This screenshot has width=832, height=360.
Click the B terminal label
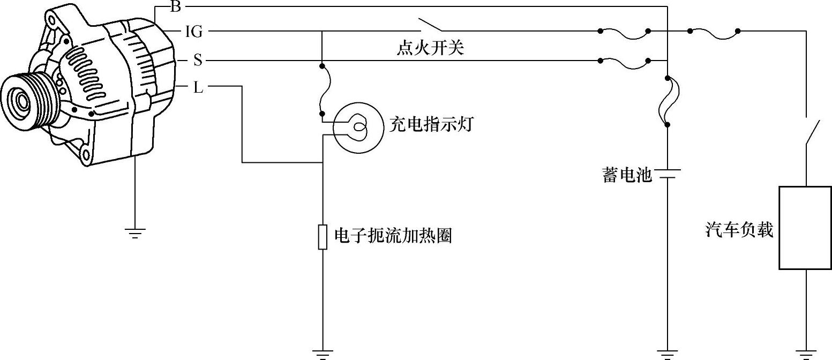[x=175, y=6]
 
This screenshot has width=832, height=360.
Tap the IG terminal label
[x=193, y=32]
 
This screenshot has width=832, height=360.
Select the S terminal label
[x=198, y=61]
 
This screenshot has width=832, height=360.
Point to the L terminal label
[x=198, y=87]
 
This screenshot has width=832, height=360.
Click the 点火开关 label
[x=430, y=49]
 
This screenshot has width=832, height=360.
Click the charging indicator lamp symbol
[x=358, y=127]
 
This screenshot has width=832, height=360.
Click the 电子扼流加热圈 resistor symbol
[x=323, y=237]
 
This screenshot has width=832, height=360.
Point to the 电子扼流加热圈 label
[x=393, y=236]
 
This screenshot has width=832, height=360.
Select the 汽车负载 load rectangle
[x=805, y=228]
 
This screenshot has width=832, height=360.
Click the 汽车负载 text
[x=739, y=230]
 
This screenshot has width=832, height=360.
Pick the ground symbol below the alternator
[x=134, y=233]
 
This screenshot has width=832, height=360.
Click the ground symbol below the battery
[x=668, y=354]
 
